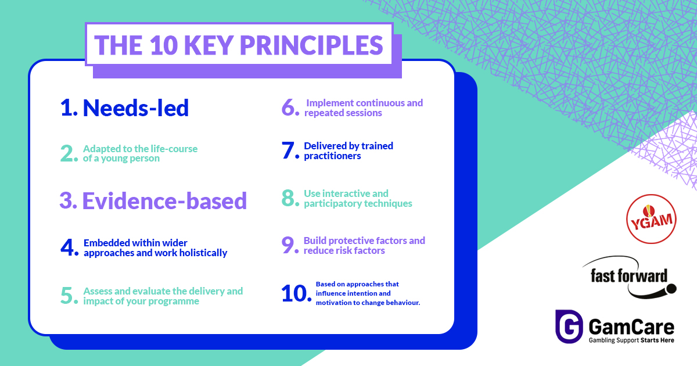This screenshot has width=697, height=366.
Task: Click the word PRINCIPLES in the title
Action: pos(311,45)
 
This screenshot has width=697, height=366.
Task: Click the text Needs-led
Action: pos(136,108)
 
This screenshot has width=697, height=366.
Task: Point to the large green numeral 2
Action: pos(67,153)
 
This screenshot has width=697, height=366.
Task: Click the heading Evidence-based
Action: pos(164,201)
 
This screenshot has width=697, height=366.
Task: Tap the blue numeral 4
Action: pos(67,247)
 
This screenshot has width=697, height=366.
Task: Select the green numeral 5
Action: pos(67,295)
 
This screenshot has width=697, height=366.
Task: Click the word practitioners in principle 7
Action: pos(332,156)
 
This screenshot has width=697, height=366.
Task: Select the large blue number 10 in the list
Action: pos(293,293)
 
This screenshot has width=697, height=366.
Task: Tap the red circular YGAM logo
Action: pos(651,219)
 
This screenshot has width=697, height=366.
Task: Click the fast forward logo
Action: pos(629,277)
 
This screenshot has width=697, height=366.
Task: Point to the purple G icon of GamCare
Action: pos(569,326)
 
